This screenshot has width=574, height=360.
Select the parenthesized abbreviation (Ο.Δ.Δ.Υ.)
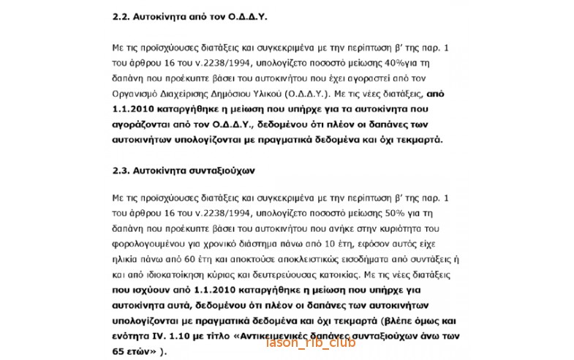[x=307, y=94]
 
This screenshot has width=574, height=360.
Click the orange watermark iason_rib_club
[x=311, y=342]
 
